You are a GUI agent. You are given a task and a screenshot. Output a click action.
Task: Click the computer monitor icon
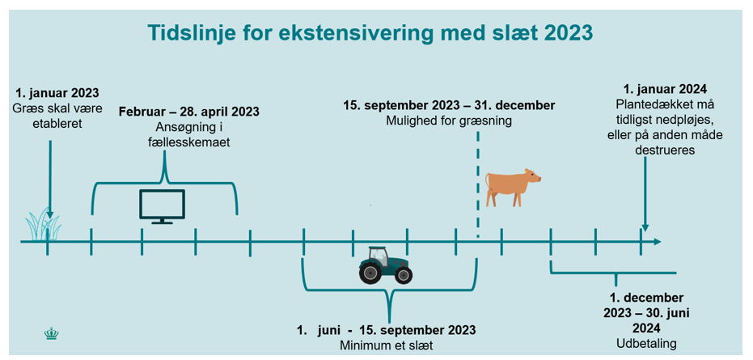click(x=162, y=206)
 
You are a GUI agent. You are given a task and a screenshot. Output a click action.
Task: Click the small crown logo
click(x=50, y=332)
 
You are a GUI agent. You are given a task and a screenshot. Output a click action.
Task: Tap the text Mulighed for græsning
click(x=449, y=121)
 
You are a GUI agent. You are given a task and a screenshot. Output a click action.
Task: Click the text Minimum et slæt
click(x=387, y=346)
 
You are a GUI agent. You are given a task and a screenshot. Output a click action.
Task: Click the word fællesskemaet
click(x=189, y=142)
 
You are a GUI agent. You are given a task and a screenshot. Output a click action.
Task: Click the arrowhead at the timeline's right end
click(x=657, y=241)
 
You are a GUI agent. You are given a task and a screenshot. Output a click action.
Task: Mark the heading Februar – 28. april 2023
click(x=189, y=112)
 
